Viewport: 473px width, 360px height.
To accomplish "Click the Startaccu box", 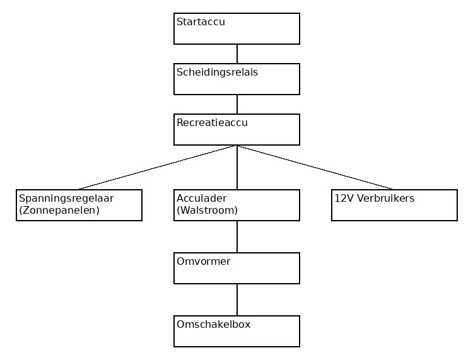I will click(x=237, y=28).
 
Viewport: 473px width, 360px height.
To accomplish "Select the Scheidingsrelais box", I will click(x=237, y=79).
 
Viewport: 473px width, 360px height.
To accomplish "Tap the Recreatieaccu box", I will click(x=237, y=129).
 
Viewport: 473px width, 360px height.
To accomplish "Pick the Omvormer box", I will click(x=237, y=268).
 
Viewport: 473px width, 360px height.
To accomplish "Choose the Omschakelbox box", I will click(x=237, y=331).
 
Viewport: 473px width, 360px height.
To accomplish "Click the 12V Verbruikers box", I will click(x=394, y=205).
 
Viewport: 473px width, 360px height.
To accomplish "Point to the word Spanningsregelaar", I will click(x=66, y=199).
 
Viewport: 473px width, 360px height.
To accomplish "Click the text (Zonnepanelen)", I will click(x=59, y=211).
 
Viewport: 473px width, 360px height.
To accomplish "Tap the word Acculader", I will click(x=202, y=199).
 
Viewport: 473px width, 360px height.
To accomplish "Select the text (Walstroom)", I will click(x=207, y=211).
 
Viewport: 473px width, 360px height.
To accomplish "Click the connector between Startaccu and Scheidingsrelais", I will click(x=237, y=54).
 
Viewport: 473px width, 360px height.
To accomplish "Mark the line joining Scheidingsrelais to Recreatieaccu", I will click(x=237, y=104).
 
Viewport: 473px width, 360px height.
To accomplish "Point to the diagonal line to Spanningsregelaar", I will click(x=158, y=167).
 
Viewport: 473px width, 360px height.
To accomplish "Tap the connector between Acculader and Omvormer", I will click(x=237, y=236).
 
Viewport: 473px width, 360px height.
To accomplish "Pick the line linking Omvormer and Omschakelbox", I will click(x=237, y=299).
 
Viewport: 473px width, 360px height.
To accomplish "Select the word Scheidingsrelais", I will click(x=217, y=73).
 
